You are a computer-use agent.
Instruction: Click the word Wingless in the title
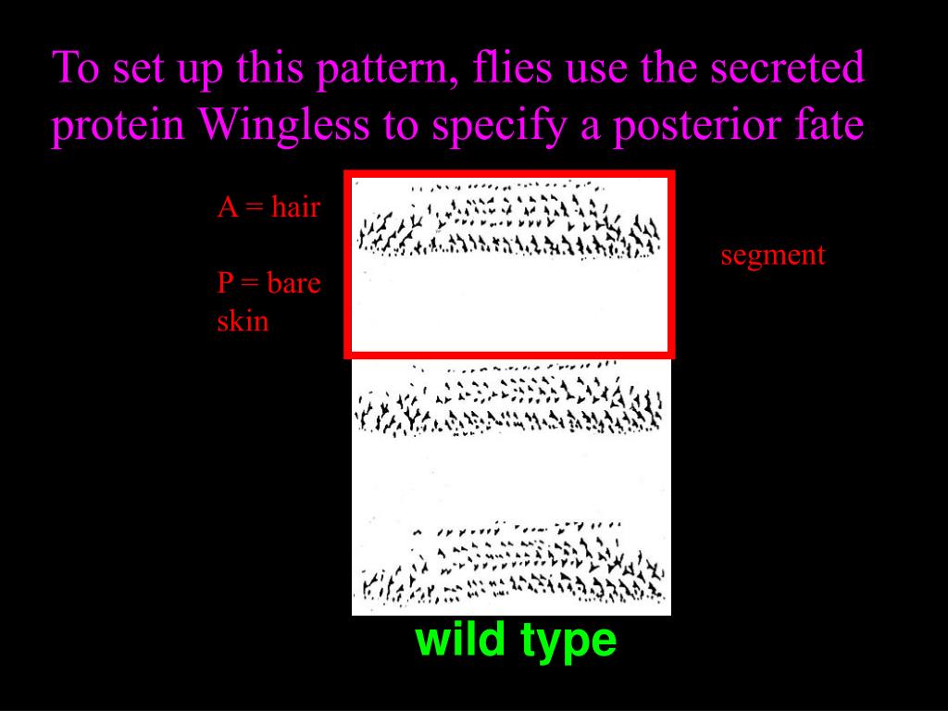pos(283,126)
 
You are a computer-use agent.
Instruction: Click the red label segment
pos(772,255)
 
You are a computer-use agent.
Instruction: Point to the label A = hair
pos(268,206)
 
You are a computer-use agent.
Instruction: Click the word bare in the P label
pos(293,283)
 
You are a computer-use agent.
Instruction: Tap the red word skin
pos(243,321)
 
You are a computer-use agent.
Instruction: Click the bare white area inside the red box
pos(509,306)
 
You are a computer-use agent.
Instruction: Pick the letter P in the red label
pos(226,283)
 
